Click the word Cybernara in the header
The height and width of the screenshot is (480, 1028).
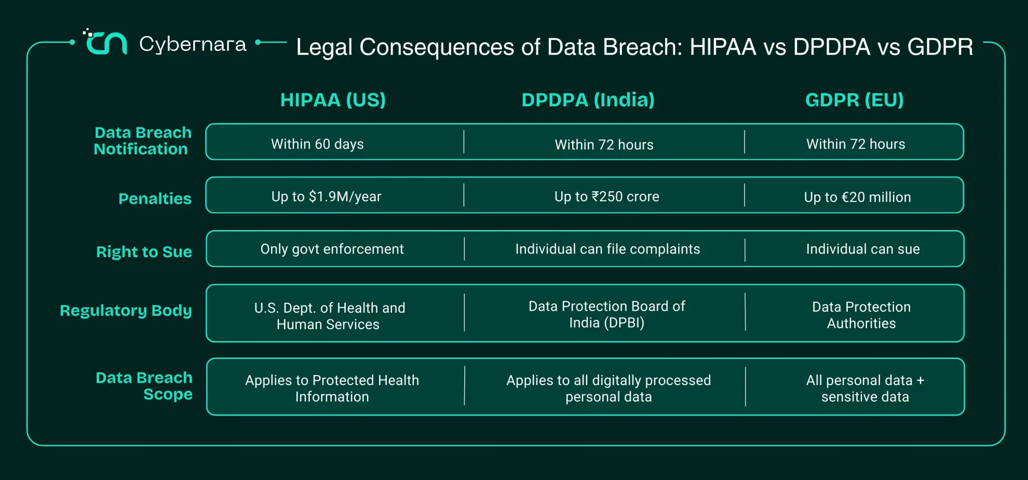click(x=193, y=45)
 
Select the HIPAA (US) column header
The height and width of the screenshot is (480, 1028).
click(x=333, y=100)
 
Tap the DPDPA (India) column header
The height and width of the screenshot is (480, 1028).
click(x=588, y=100)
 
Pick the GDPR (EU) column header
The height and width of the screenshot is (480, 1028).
click(x=854, y=100)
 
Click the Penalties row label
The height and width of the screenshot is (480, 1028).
click(x=155, y=198)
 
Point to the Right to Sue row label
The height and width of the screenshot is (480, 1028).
click(x=144, y=252)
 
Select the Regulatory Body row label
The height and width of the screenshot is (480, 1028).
click(x=126, y=311)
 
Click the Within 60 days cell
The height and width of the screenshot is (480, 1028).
click(x=317, y=144)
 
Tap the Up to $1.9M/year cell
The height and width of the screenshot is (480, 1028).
click(x=326, y=197)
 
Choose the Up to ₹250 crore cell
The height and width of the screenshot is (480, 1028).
click(x=606, y=197)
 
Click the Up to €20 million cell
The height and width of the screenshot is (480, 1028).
click(x=857, y=197)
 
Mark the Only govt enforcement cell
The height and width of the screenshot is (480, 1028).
click(x=332, y=249)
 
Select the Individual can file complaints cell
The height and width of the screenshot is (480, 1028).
click(x=607, y=249)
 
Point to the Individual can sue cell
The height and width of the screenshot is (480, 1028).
click(x=863, y=249)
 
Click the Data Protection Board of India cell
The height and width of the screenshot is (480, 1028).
click(x=606, y=314)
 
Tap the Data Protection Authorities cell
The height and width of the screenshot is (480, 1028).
click(x=861, y=315)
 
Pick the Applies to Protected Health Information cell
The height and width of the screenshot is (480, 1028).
click(x=332, y=388)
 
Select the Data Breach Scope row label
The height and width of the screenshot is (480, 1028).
click(x=144, y=386)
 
